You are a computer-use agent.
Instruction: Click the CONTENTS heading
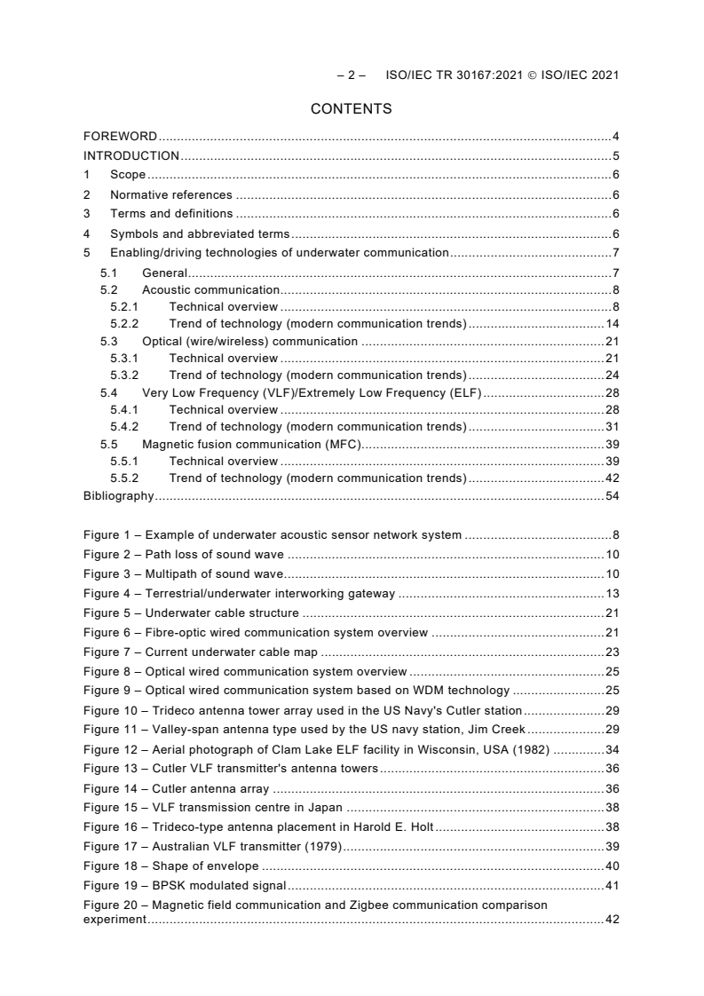point(351,109)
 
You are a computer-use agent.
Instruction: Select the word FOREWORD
point(120,137)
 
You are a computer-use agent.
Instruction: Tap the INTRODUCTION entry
point(131,155)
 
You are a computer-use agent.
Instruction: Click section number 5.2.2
point(125,324)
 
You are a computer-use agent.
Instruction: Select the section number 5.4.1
point(125,410)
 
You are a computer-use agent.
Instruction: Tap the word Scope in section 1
point(127,175)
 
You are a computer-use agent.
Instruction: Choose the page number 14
point(612,324)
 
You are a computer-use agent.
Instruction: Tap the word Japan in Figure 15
point(325,808)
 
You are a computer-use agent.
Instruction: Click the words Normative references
point(170,194)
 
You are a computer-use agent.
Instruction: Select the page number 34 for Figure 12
point(612,750)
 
